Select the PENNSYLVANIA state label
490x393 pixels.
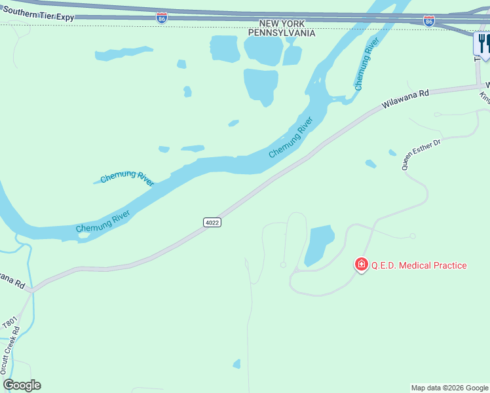coord(282,33)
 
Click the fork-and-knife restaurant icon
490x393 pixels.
coord(483,44)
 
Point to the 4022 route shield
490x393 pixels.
coord(212,223)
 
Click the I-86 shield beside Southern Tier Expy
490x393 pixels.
coord(162,18)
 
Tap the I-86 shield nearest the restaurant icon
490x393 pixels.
coord(428,22)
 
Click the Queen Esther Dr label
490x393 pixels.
coord(422,155)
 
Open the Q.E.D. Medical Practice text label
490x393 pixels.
coord(419,265)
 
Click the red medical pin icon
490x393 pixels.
coord(361,265)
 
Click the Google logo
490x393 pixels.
coord(22,385)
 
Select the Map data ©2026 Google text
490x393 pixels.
coord(449,388)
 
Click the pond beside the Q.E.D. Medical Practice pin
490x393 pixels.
coord(319,244)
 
